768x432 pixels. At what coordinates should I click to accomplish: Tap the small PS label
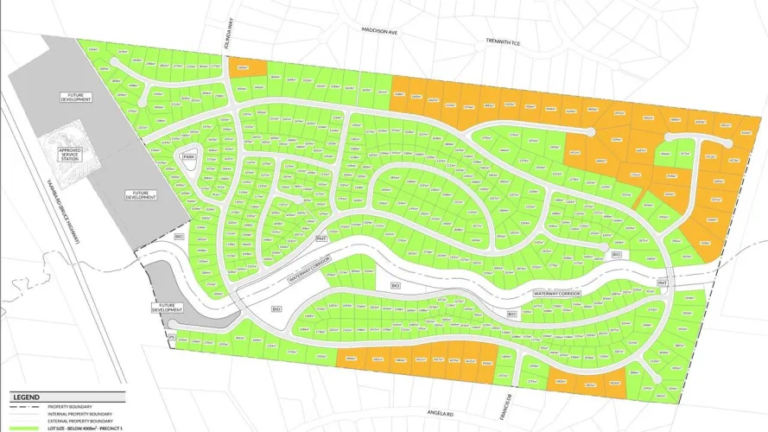171,336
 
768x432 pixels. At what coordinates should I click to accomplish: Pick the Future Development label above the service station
75,98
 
